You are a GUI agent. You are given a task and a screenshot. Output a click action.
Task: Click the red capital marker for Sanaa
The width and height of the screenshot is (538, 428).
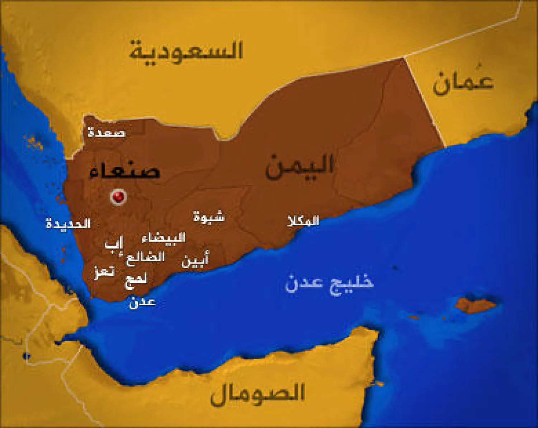118,196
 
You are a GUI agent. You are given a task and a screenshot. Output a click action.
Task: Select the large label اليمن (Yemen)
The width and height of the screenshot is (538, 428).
299,166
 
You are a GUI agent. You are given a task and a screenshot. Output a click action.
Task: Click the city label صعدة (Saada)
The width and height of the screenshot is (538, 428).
107,132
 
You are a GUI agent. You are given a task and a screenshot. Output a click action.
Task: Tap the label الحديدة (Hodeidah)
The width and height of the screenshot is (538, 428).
68,224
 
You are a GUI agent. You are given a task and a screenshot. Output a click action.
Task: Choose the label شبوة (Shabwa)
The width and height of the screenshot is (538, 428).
209,217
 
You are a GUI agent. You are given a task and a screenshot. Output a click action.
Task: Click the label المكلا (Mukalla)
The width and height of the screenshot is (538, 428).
303,221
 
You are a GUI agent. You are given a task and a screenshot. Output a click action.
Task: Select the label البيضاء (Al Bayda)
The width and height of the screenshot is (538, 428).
164,238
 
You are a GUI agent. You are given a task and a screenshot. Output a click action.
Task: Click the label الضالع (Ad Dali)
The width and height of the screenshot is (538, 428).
145,257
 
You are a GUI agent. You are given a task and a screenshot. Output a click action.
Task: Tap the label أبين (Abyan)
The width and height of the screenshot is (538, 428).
195,260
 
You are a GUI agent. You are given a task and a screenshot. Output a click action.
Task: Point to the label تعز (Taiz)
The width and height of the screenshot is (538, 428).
104,271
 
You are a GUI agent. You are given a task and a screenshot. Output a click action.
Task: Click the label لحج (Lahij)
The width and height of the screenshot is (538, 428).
136,279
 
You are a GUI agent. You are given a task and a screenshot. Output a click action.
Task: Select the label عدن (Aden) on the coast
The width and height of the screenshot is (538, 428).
142,302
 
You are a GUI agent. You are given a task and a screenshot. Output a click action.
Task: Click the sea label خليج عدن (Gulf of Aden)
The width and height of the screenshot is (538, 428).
329,283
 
